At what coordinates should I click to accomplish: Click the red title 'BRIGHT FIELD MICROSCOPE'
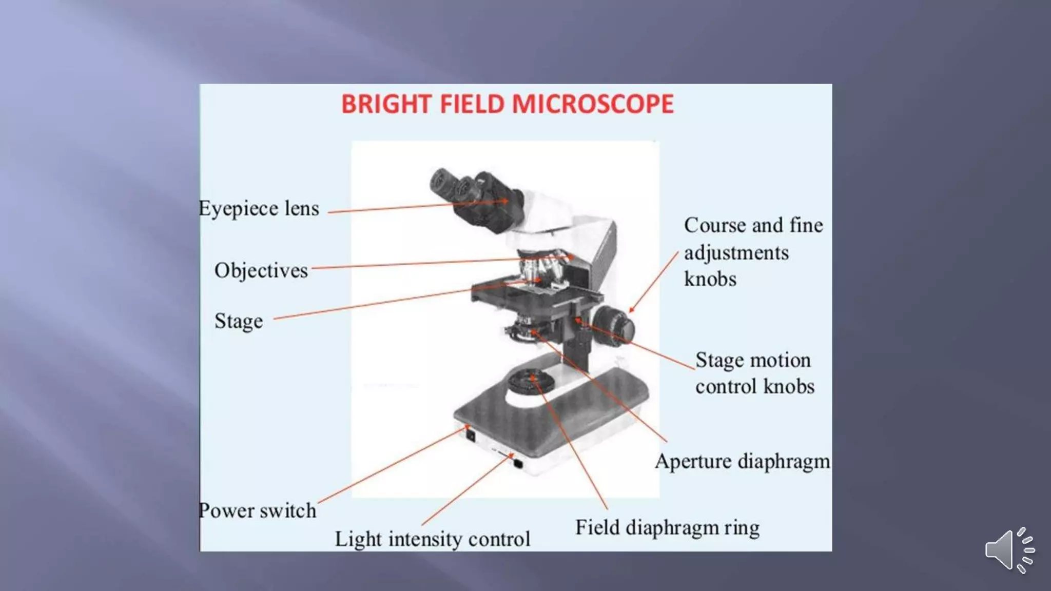tap(507, 104)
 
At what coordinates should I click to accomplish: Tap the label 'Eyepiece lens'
tap(259, 209)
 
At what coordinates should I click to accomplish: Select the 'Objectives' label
tap(261, 270)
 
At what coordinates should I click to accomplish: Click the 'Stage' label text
tap(239, 321)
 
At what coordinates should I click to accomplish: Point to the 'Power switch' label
tap(258, 510)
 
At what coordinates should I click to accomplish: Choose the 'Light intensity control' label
tap(433, 539)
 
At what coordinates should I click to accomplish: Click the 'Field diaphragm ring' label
tap(667, 527)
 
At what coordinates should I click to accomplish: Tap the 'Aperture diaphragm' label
tap(742, 461)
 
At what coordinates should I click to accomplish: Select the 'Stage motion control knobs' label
tap(754, 373)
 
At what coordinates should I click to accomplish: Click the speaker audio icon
tap(1009, 550)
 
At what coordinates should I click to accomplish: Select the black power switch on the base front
tap(470, 436)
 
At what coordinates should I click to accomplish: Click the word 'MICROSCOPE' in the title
tap(592, 104)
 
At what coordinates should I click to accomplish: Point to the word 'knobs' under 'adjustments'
tap(710, 280)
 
